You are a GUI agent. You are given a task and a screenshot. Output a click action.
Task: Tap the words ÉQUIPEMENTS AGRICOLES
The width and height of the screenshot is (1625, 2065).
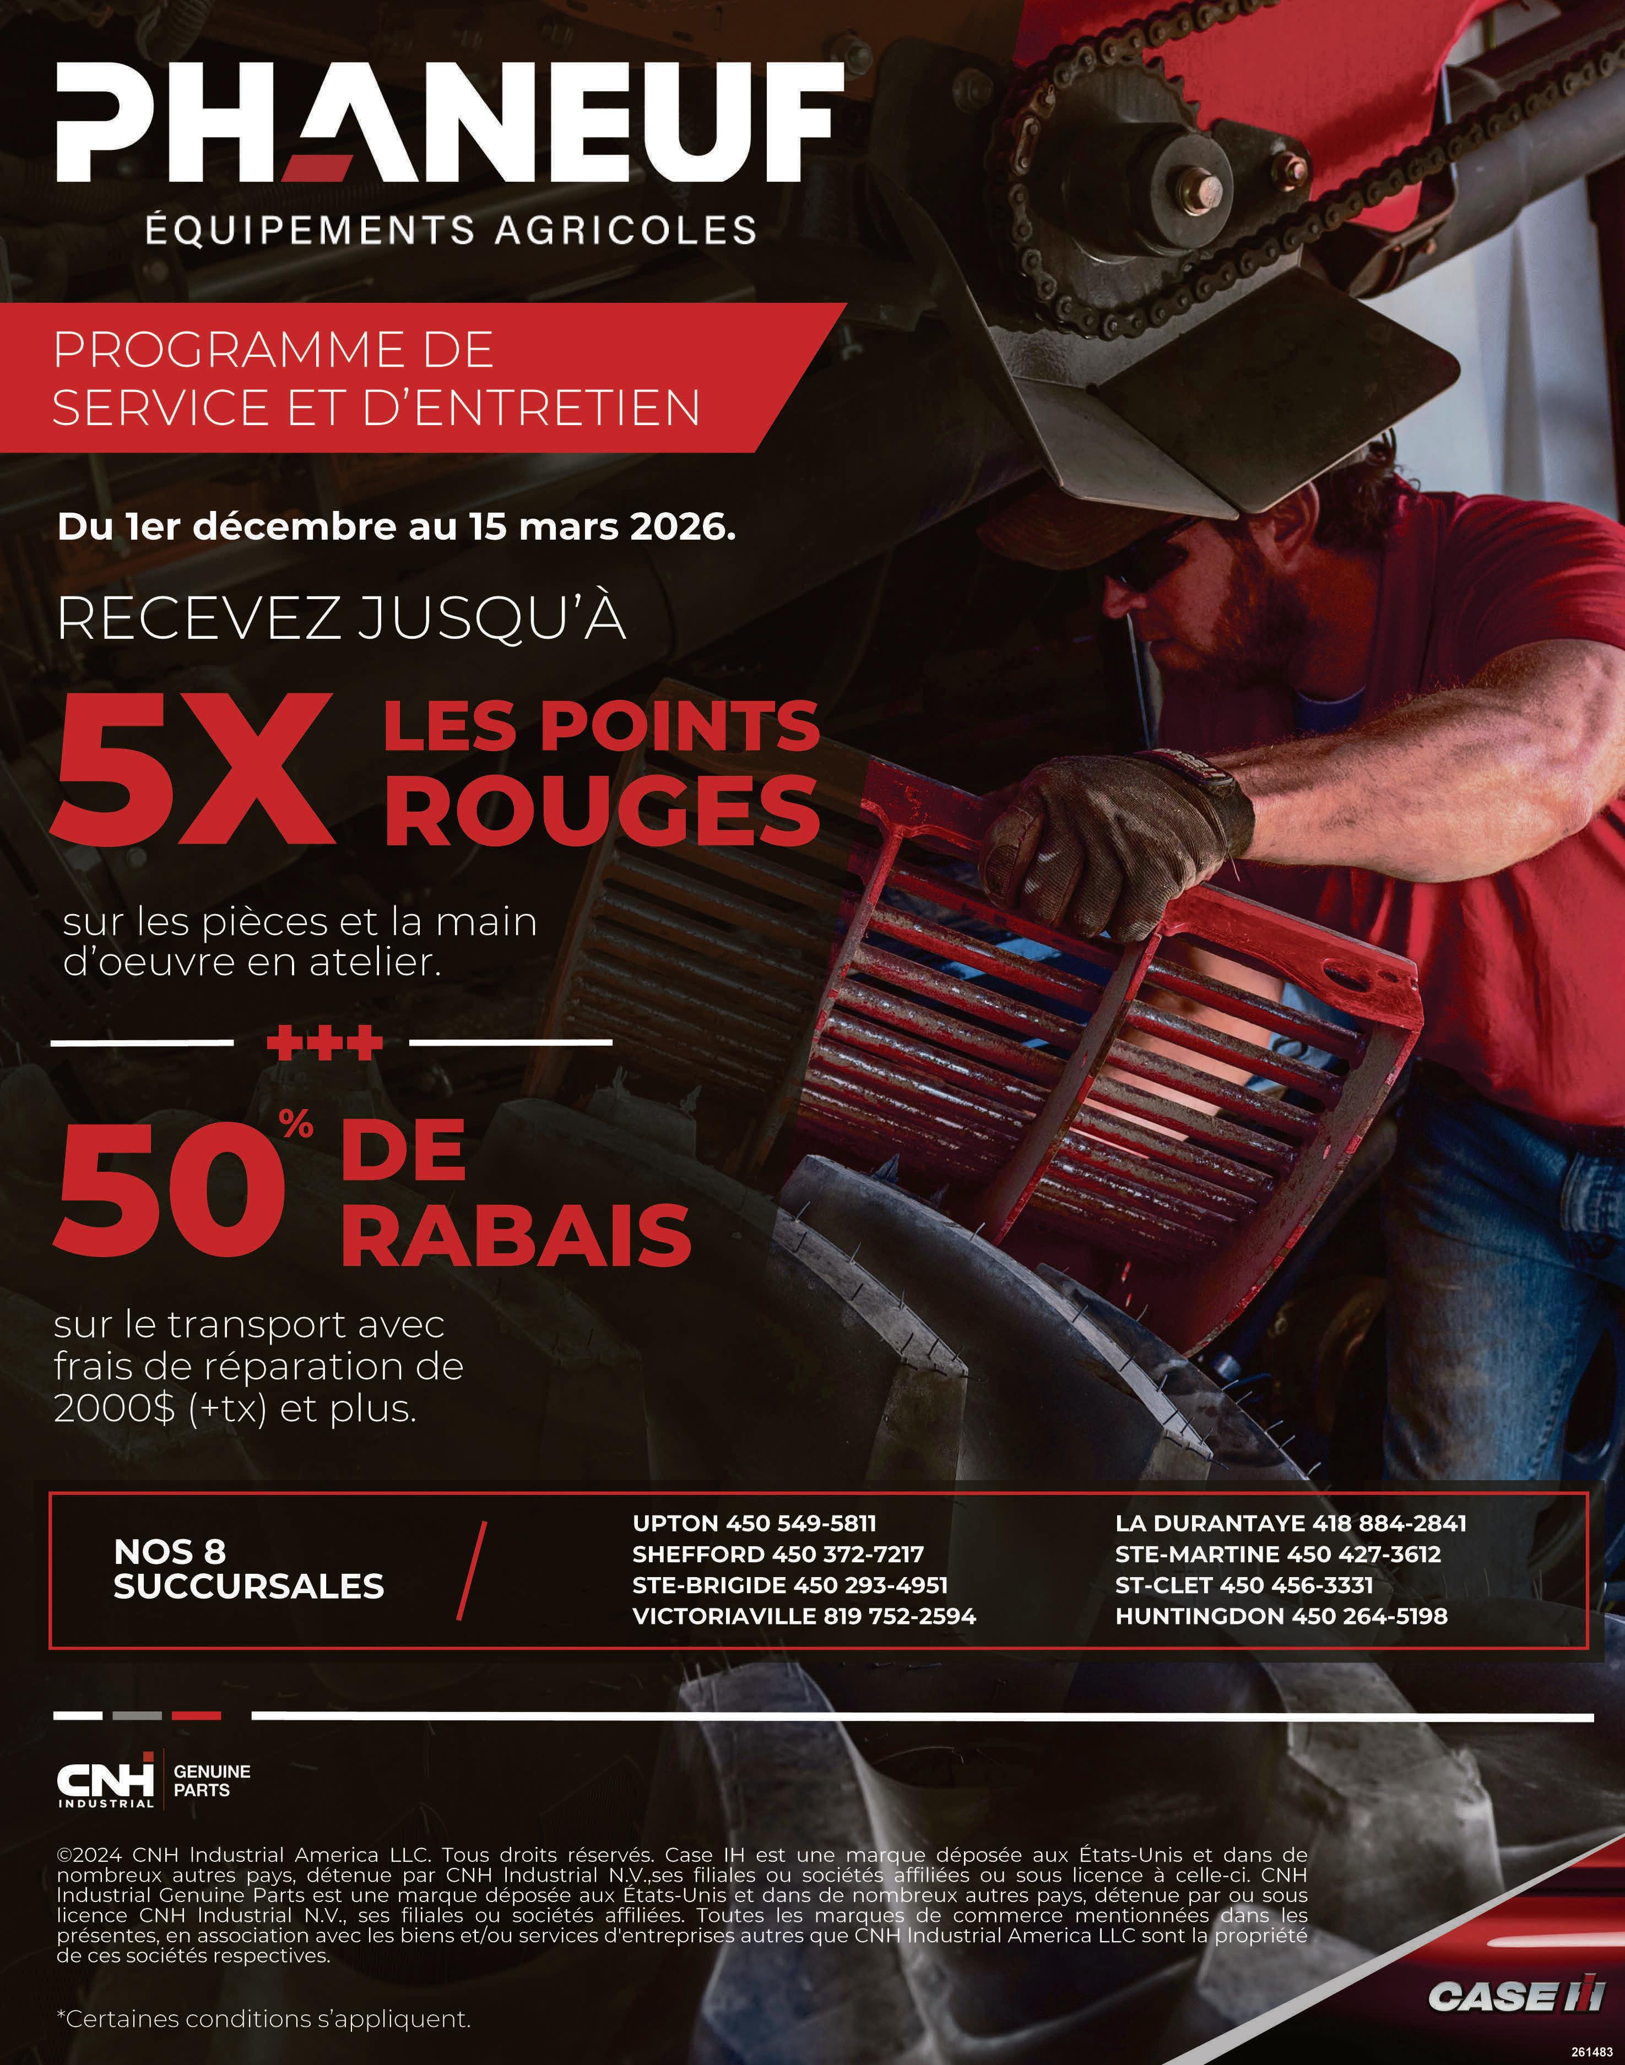(x=451, y=230)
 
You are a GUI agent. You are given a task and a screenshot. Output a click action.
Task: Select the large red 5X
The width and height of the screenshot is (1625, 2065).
(x=195, y=770)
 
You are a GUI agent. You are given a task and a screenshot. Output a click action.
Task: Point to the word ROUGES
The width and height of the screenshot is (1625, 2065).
(x=602, y=811)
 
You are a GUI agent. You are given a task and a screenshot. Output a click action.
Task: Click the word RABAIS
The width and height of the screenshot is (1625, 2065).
(x=514, y=1236)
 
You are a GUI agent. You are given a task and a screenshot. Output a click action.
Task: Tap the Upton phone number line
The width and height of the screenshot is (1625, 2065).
(x=754, y=1523)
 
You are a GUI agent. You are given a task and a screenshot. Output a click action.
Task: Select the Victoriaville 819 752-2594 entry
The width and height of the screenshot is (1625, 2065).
(x=804, y=1615)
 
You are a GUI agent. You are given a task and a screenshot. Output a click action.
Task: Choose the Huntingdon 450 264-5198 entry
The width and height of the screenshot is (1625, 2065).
(x=1281, y=1615)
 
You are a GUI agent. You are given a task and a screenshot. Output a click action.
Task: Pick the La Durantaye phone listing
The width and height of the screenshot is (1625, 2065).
(x=1290, y=1523)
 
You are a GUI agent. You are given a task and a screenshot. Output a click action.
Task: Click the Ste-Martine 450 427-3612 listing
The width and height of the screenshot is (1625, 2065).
(x=1278, y=1554)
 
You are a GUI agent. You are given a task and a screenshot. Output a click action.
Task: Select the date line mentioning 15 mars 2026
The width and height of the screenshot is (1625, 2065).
(x=397, y=528)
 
